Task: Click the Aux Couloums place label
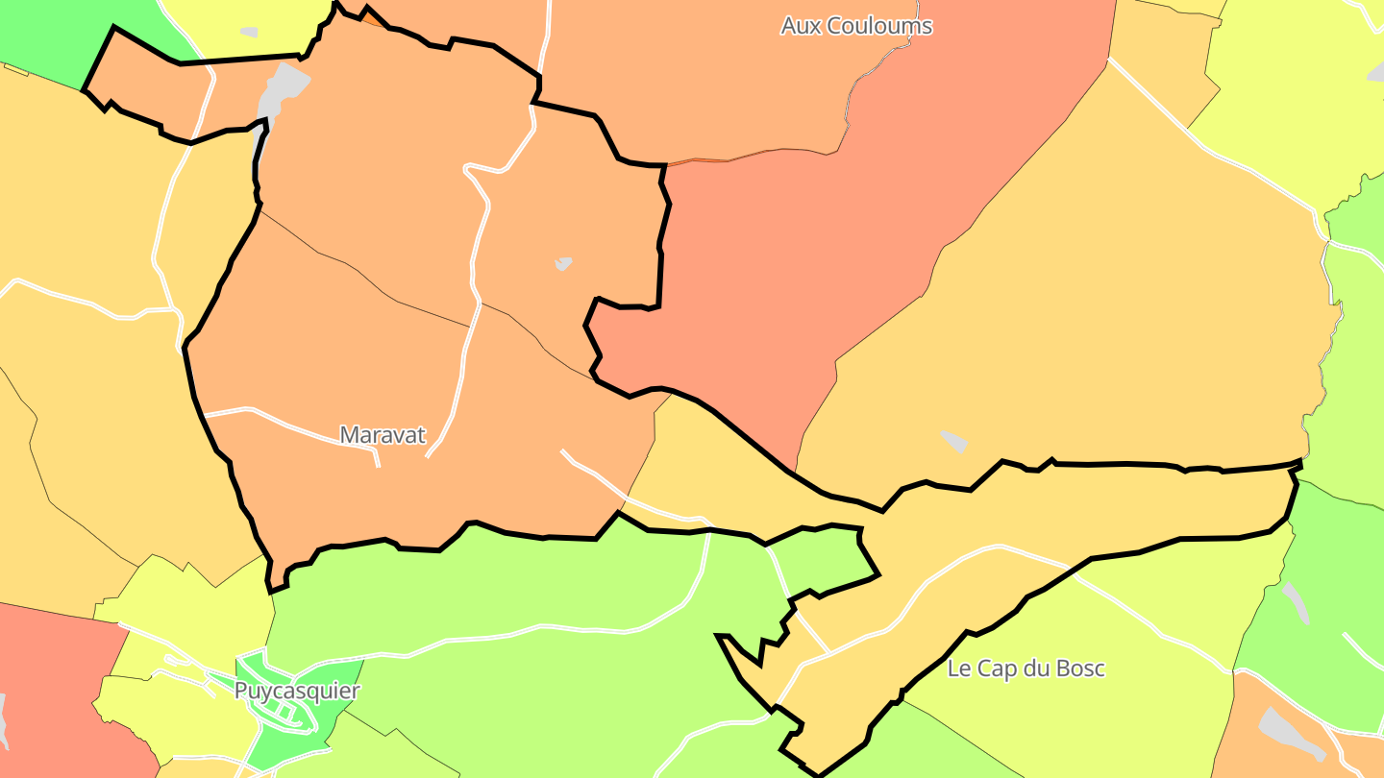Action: [855, 26]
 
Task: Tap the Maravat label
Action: [383, 435]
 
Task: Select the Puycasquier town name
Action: [297, 692]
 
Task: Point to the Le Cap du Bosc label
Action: [1026, 669]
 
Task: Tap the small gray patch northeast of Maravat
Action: [563, 262]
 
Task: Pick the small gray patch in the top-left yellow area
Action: [249, 32]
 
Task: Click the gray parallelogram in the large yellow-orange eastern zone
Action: [953, 441]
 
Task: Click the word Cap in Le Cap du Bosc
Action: [995, 669]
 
